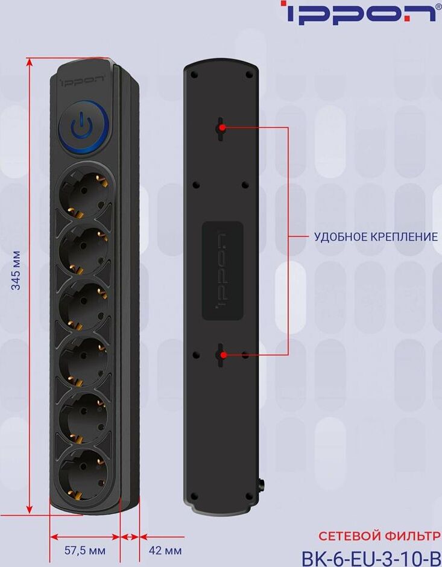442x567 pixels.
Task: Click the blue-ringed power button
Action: tap(83, 128)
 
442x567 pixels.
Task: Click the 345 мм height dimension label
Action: tap(16, 270)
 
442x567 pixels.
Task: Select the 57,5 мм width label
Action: tap(85, 551)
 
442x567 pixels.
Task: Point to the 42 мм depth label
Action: tap(165, 551)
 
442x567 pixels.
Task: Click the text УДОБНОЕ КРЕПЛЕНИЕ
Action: tap(376, 237)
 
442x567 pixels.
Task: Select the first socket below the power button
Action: tap(84, 192)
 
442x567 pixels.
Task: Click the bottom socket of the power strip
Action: tap(84, 475)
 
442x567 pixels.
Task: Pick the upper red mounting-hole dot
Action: tap(222, 128)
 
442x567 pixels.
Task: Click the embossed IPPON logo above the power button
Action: tap(83, 80)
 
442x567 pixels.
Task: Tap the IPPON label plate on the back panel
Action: tap(223, 271)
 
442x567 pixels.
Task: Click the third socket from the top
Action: tap(84, 306)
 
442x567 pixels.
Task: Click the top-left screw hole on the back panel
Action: tap(194, 75)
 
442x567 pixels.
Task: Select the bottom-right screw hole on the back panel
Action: tap(248, 496)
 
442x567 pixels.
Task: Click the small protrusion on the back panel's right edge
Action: tap(262, 483)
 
